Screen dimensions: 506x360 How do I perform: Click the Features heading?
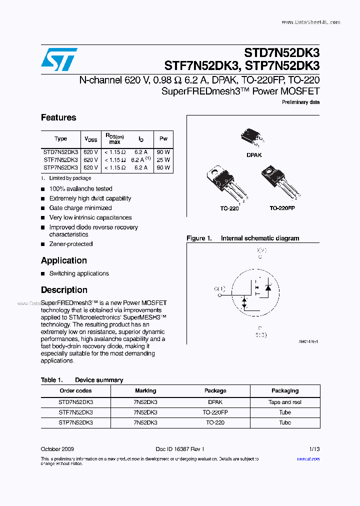pos(58,117)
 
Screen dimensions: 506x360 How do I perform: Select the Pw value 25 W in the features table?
pos(163,160)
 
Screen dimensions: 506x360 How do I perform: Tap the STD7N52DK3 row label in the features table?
pos(60,151)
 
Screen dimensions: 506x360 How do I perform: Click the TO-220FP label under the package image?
pos(282,207)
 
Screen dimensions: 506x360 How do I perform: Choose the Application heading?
pos(64,260)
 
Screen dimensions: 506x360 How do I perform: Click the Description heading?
pos(64,290)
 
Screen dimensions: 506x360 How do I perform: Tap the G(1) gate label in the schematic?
pos(219,289)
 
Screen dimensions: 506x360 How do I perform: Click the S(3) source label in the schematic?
pos(260,335)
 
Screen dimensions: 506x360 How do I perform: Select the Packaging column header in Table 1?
pos(285,390)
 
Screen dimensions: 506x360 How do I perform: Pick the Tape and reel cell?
pos(285,402)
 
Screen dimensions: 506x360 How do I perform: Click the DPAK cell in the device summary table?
pos(215,402)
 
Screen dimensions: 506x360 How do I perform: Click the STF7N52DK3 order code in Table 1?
pos(75,412)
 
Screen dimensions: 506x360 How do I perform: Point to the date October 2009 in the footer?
pos(57,449)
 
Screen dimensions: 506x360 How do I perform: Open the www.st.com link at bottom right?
pos(308,459)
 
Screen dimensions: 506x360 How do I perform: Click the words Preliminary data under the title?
pos(301,102)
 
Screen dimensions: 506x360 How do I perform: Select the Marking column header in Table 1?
pos(145,390)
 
